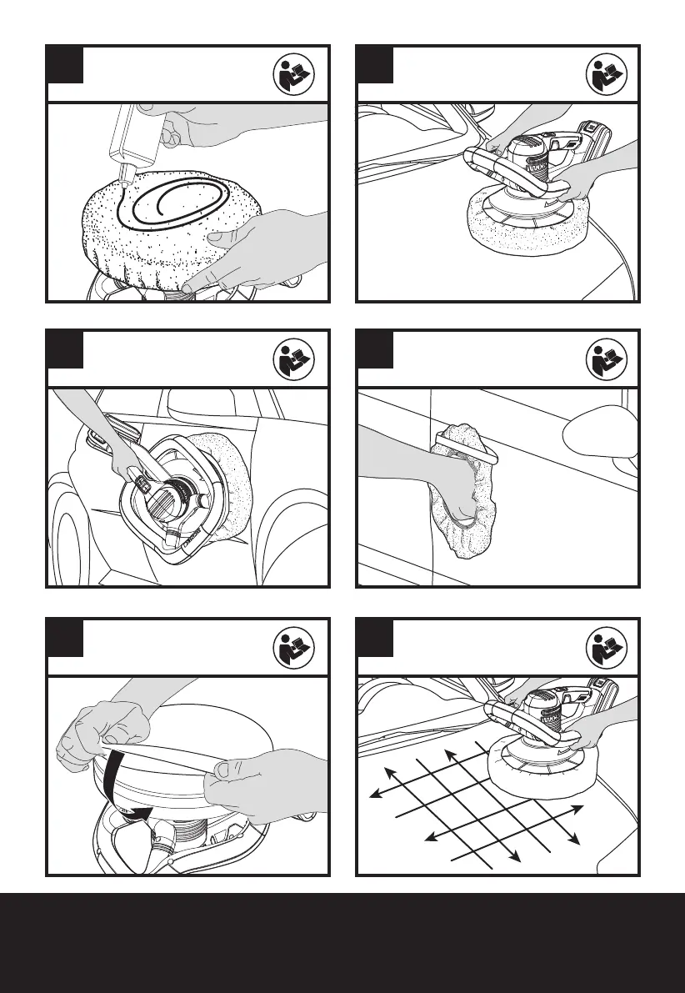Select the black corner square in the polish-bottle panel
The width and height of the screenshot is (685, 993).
pyautogui.click(x=65, y=64)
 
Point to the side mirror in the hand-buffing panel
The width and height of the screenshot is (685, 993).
pyautogui.click(x=602, y=434)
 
